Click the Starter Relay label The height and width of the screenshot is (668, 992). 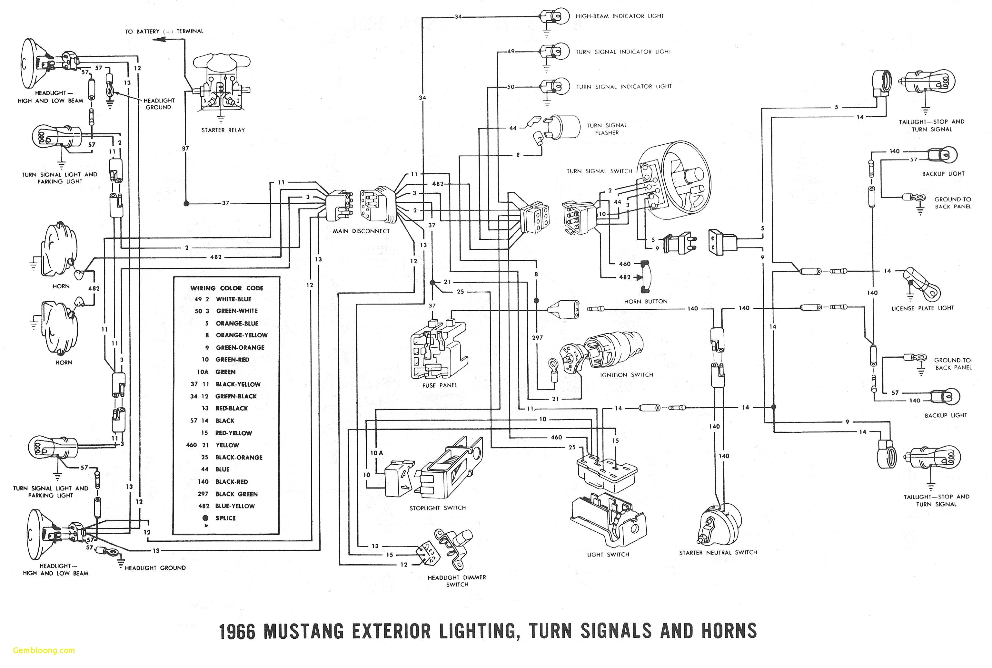[x=223, y=130]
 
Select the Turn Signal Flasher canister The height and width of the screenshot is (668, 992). [x=564, y=127]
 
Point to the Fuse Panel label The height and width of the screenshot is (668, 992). [x=439, y=385]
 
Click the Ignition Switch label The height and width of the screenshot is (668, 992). [x=626, y=375]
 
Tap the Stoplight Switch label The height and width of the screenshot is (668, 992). [x=437, y=508]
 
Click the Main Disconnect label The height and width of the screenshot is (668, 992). [x=361, y=231]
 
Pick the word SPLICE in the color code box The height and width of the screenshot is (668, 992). [x=225, y=518]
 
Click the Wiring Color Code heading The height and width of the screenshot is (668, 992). [x=226, y=288]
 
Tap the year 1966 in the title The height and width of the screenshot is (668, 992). [x=237, y=631]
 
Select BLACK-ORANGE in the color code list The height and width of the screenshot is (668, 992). [x=239, y=457]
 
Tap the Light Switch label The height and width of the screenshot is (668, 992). [x=608, y=554]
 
